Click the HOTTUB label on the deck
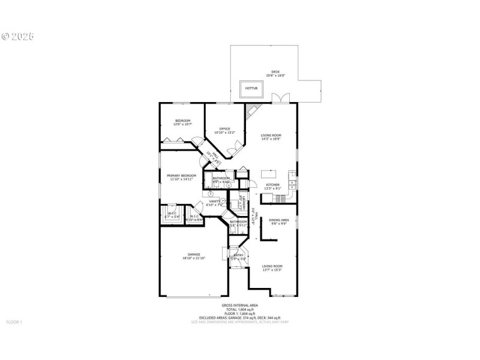pyautogui.click(x=251, y=88)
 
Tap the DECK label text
pyautogui.click(x=275, y=72)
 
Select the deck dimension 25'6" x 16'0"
pyautogui.click(x=275, y=76)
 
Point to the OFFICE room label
pyautogui.click(x=224, y=128)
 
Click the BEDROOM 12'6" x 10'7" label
pyautogui.click(x=182, y=121)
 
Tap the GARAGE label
pyautogui.click(x=193, y=254)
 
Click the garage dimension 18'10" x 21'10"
pyautogui.click(x=193, y=258)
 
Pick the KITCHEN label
pyautogui.click(x=273, y=185)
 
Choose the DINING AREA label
pyautogui.click(x=279, y=220)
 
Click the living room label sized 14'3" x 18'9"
pyautogui.click(x=271, y=136)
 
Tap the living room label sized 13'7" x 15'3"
pyautogui.click(x=272, y=266)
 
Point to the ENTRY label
pyautogui.click(x=238, y=255)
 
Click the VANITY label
pyautogui.click(x=214, y=202)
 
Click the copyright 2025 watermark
pyautogui.click(x=17, y=36)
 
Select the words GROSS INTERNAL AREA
pyautogui.click(x=239, y=305)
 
